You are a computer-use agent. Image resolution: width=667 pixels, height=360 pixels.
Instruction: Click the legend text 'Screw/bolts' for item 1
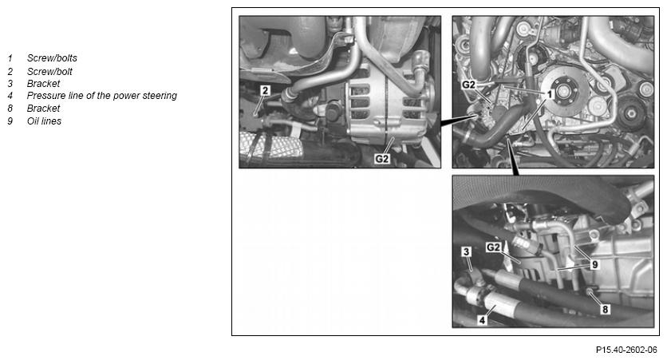(x=52, y=58)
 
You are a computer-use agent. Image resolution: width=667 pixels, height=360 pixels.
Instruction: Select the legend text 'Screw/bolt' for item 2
(x=49, y=72)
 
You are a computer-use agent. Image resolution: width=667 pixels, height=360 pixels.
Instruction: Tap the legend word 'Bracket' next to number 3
(x=43, y=83)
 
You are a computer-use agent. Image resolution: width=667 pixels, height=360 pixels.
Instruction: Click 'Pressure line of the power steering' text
(x=101, y=95)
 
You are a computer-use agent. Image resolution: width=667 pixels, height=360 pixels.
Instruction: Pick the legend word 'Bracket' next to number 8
(x=43, y=108)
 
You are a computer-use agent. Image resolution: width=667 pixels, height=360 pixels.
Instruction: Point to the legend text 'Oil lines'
(x=44, y=121)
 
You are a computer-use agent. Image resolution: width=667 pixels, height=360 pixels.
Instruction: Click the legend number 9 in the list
(x=10, y=121)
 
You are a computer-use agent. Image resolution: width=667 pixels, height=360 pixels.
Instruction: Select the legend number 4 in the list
(x=10, y=95)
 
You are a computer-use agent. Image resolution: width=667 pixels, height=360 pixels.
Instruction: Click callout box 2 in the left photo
(x=266, y=90)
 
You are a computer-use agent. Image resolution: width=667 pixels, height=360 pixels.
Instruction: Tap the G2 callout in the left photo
(x=382, y=159)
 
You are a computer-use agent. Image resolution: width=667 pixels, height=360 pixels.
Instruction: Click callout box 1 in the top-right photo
(x=550, y=94)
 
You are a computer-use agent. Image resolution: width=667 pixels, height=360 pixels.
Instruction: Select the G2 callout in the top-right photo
(x=468, y=85)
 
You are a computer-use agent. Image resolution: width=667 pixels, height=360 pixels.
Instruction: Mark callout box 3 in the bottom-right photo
(x=466, y=252)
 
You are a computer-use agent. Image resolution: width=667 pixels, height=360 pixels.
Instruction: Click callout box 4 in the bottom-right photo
(x=482, y=320)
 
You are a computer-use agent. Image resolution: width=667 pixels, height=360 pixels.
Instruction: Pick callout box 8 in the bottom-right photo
(x=606, y=310)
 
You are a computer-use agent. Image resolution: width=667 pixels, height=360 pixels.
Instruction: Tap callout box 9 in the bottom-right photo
(x=594, y=265)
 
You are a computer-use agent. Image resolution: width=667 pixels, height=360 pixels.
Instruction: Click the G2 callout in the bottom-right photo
(x=493, y=247)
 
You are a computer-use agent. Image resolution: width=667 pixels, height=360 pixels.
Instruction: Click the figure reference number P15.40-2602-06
(x=626, y=350)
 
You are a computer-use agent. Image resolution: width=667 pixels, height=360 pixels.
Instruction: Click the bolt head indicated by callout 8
(x=589, y=291)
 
